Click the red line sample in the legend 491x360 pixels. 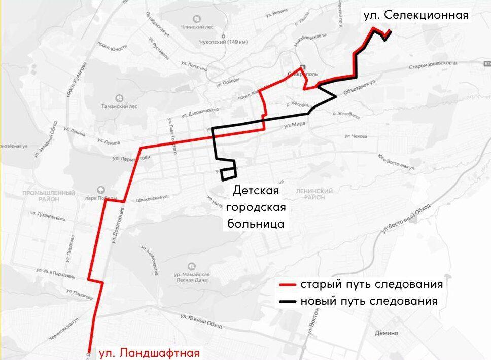pos(288,284)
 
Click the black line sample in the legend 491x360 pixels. pos(288,301)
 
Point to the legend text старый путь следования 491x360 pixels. pos(371,284)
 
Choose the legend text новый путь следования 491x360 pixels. pos(369,301)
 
